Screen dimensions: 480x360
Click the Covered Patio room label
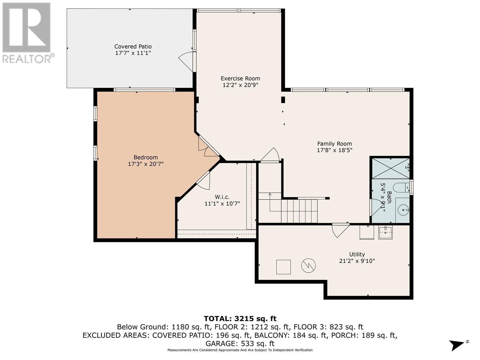(133, 46)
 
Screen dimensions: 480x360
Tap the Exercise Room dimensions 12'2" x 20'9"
(240, 85)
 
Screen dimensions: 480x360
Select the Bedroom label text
(145, 157)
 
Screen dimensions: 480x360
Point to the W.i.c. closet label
(222, 197)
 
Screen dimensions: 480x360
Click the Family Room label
(334, 144)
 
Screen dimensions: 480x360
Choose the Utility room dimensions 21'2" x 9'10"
(357, 261)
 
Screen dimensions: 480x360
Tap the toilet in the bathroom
(401, 187)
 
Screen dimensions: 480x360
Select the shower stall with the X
(391, 168)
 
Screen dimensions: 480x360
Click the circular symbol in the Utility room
(308, 265)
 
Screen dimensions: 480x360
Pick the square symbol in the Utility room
(283, 267)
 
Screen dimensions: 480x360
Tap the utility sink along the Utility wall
(385, 232)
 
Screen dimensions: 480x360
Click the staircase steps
(299, 211)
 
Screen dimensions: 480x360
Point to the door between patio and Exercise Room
(187, 61)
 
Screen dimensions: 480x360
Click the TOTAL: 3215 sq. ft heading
(240, 319)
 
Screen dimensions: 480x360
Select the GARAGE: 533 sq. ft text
(240, 343)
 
